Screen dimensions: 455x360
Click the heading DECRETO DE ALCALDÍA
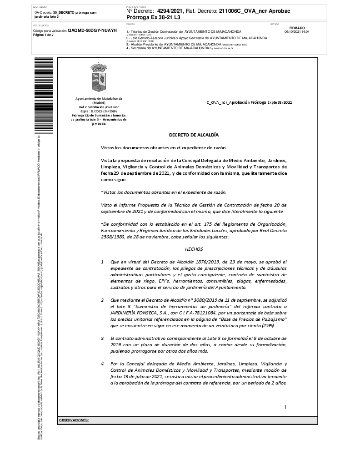pos(194,135)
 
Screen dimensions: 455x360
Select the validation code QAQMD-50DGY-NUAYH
pos(92,30)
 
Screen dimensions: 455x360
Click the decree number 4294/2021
pos(169,10)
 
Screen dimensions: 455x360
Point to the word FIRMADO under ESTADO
pos(297,28)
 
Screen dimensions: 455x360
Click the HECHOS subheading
pos(194,249)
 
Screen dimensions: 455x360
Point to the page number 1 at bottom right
pos(285,407)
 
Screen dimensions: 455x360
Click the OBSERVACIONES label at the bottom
pos(74,420)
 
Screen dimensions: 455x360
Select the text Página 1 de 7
pos(43,35)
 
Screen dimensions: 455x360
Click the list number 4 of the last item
pos(103,364)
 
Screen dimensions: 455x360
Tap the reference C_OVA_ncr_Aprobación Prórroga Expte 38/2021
pos(249,102)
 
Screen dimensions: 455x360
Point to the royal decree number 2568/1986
pos(112,237)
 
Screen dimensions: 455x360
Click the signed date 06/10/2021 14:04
pos(297,32)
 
